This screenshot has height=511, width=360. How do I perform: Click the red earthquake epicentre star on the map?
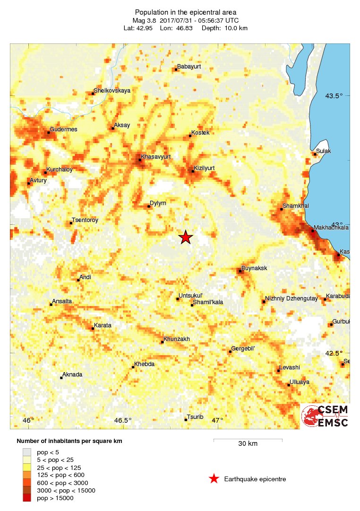pos(186,237)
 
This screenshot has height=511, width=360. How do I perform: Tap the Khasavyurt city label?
pos(156,156)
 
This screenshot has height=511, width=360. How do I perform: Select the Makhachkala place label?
pos(331,227)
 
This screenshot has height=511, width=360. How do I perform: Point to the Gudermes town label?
pos(63,129)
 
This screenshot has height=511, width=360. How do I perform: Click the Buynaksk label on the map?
pos(254,268)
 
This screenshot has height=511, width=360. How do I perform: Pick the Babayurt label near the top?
pos(189,67)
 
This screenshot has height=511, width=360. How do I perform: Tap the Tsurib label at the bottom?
pos(195,417)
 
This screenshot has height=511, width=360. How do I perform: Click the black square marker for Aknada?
pos(61,377)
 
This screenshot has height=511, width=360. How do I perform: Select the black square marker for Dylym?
pos(149,206)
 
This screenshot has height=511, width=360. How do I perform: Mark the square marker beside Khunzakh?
pos(162,342)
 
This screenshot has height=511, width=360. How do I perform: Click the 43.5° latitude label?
pos(334,96)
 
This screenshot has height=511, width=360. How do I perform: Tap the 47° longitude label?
pos(217,421)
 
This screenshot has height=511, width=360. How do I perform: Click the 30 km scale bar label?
pos(248,444)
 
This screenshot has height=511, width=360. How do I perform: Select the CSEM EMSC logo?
pos(325,416)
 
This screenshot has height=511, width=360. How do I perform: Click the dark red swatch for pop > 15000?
pos(27,498)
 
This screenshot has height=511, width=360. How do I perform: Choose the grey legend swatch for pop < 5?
pos(27,451)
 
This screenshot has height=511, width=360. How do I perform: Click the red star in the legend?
pos(214,479)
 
